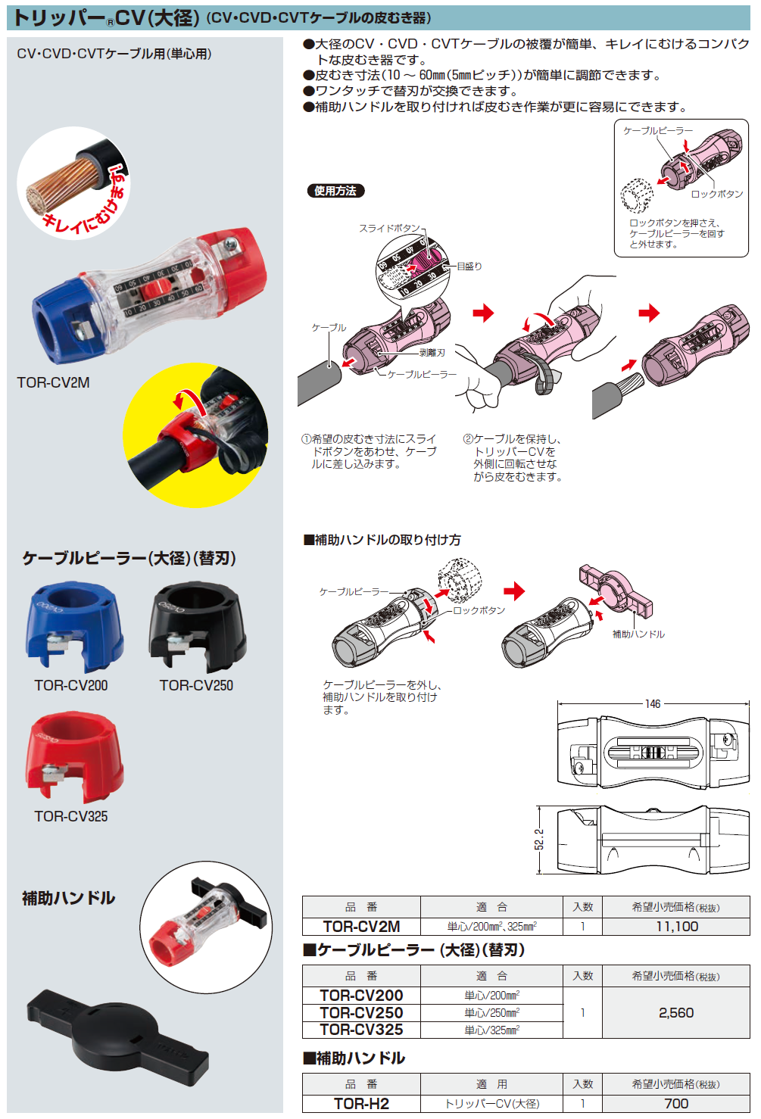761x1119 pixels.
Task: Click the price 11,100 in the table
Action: [676, 927]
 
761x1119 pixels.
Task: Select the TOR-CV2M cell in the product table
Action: [361, 927]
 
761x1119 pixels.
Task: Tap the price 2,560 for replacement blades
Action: [675, 1013]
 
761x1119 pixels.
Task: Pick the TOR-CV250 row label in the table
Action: [361, 1013]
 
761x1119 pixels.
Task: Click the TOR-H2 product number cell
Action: [361, 1104]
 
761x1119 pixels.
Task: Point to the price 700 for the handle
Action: [675, 1104]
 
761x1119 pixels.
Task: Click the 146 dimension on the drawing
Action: [653, 704]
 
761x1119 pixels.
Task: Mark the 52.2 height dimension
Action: [539, 839]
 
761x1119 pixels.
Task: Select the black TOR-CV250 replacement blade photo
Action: [198, 627]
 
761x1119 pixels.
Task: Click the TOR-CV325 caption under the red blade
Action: [71, 816]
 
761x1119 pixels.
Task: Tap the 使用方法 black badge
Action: [335, 191]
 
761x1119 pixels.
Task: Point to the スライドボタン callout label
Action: [389, 228]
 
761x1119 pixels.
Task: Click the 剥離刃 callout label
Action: [432, 353]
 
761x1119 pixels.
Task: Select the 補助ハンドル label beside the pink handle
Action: [638, 634]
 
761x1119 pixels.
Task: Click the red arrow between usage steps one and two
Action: [483, 312]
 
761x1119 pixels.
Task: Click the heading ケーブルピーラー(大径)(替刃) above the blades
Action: [129, 559]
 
